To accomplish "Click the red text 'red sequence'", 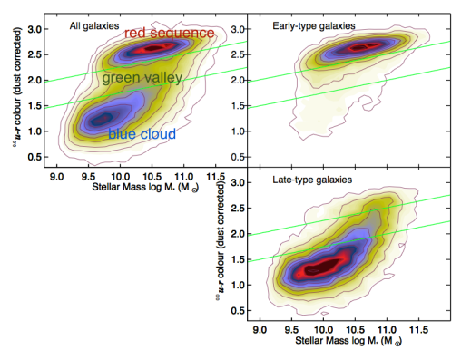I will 170,33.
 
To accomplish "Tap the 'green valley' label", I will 142,79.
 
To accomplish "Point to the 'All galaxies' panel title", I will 94,26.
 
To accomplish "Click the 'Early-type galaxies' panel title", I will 313,26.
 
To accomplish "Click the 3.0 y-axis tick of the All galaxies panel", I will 36,30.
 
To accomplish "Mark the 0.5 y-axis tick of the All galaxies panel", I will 36,158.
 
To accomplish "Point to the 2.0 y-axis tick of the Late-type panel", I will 242,234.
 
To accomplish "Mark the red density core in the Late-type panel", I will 320,268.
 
